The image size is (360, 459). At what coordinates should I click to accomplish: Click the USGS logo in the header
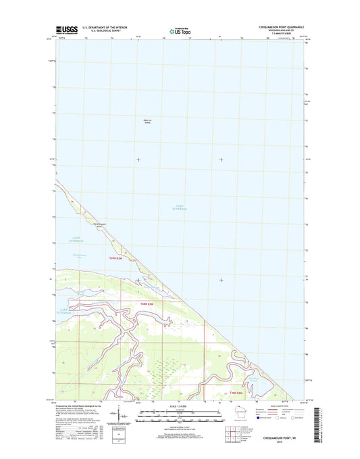point(66,30)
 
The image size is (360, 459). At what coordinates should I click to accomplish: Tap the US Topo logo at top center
point(179,30)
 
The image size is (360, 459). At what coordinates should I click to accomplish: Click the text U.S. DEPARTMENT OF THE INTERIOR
point(105,28)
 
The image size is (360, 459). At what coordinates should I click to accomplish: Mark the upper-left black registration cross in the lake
point(138,160)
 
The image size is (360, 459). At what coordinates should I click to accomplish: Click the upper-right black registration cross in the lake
point(222,160)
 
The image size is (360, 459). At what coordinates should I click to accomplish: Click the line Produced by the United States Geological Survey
point(77,405)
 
